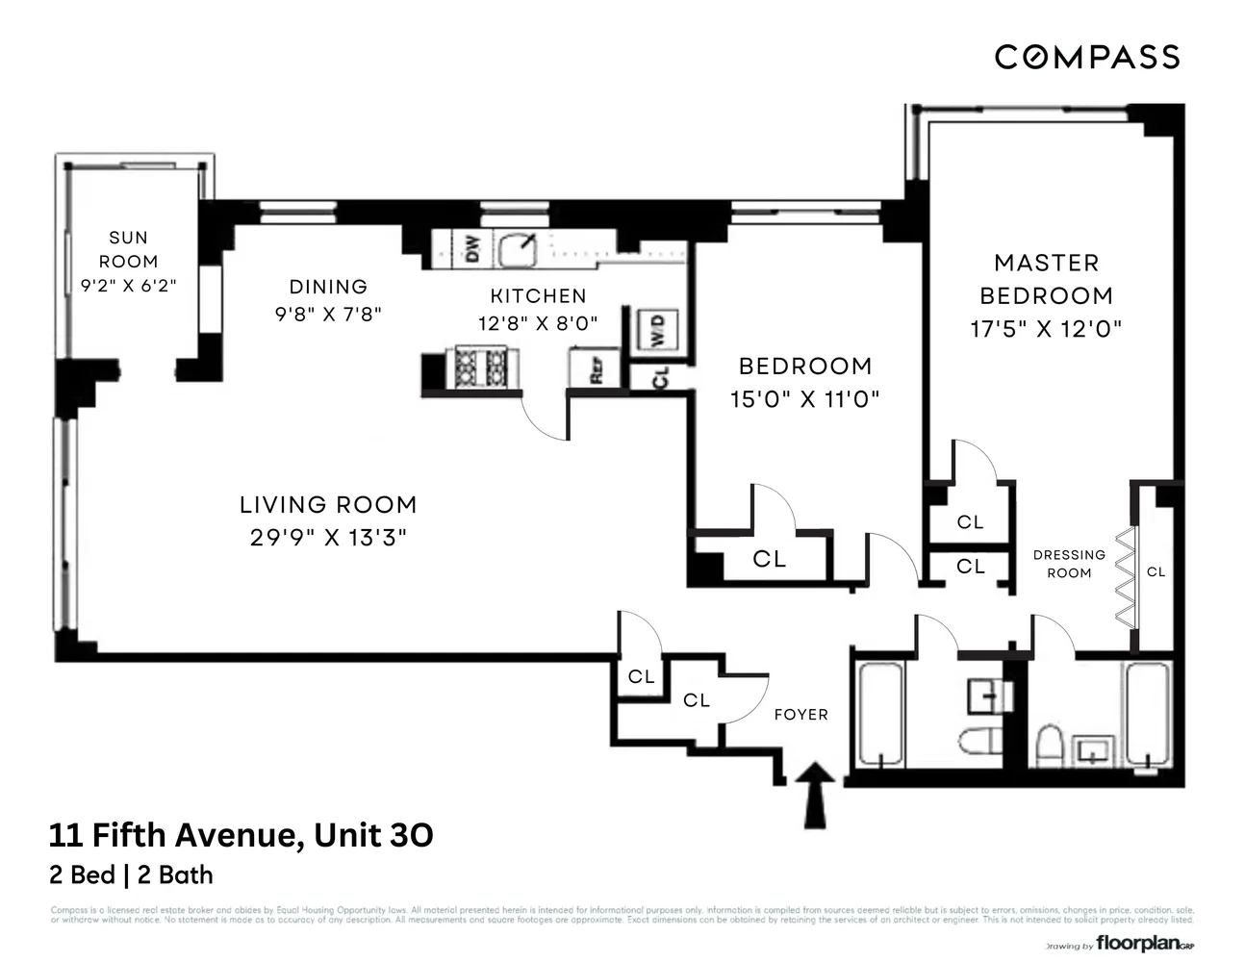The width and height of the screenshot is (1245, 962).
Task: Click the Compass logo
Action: tap(1086, 58)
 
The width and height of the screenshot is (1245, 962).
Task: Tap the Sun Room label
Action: tap(128, 249)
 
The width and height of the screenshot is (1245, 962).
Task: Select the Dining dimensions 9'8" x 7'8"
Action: tap(328, 315)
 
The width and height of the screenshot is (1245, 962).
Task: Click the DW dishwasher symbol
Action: tap(471, 249)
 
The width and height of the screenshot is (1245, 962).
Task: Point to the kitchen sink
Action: tap(519, 249)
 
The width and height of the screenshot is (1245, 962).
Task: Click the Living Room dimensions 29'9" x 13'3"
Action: tap(328, 538)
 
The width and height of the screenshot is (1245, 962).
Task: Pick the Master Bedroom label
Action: tap(1046, 279)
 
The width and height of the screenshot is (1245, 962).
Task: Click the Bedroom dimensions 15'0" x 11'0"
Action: tap(804, 398)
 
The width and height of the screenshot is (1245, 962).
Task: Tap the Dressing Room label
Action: tap(1069, 564)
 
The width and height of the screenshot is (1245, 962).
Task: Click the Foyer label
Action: tap(800, 715)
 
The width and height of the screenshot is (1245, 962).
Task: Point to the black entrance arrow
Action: tap(817, 794)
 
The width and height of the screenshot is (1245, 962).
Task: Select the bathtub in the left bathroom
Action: tap(878, 714)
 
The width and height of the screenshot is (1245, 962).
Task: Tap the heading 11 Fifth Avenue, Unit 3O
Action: tap(241, 835)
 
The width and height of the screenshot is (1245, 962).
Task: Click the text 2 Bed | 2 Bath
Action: tap(131, 875)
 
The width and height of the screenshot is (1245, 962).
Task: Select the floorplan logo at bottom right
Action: tap(1138, 944)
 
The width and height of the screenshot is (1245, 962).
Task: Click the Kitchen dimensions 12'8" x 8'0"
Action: tap(538, 324)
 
